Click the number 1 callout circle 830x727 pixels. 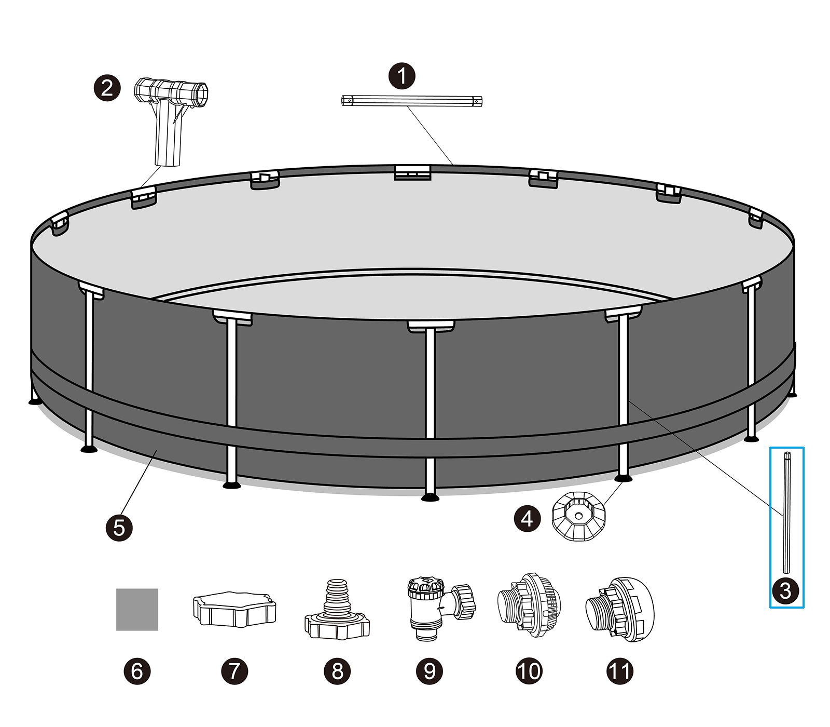click(x=402, y=76)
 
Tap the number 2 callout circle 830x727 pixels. click(x=107, y=88)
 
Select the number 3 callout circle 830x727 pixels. click(x=785, y=591)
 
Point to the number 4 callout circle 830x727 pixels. click(x=527, y=518)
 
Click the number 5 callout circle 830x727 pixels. click(x=119, y=528)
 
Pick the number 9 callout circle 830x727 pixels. click(x=430, y=671)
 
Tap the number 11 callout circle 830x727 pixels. click(x=620, y=671)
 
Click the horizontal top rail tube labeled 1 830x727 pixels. click(x=411, y=101)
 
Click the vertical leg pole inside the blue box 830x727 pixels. click(x=787, y=511)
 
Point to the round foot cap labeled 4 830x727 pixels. click(x=578, y=517)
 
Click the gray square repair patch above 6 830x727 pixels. click(x=137, y=609)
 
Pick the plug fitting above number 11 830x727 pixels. click(x=620, y=609)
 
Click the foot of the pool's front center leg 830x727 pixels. click(x=430, y=497)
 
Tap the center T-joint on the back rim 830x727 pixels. click(x=412, y=172)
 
